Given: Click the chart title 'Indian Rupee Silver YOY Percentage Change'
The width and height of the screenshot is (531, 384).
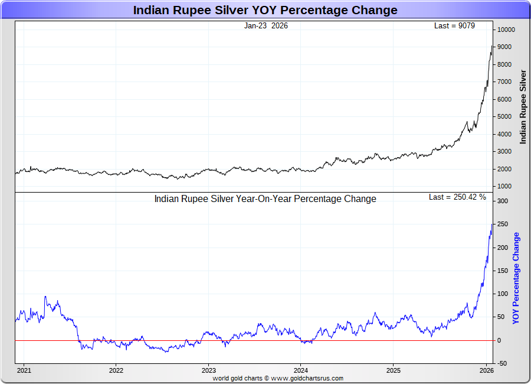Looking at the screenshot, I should (265, 10).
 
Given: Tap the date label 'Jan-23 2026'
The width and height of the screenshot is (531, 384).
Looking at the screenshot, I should (265, 25).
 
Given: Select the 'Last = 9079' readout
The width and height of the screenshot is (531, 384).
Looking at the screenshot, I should (454, 25).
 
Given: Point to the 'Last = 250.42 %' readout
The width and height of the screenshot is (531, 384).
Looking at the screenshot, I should (457, 197).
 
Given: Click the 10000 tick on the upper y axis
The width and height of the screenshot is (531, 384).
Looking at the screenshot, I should (506, 30).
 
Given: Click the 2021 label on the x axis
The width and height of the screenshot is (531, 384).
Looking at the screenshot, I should (24, 370).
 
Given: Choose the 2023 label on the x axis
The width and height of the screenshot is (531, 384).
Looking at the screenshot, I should (208, 370).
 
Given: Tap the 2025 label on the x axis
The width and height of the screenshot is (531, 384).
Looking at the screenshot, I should (394, 370).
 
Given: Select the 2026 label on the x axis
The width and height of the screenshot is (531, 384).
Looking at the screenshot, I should (486, 370).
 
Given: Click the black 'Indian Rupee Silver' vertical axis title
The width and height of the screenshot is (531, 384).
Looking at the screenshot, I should (523, 106).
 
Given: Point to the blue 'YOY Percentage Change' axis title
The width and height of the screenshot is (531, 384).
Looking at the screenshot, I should (516, 278).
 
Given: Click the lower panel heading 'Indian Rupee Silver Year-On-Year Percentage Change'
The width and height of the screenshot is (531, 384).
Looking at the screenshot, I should (265, 199).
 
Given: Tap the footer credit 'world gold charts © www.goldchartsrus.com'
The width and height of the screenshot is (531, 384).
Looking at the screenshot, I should (278, 378).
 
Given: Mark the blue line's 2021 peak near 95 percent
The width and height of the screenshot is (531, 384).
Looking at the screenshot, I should (45, 297).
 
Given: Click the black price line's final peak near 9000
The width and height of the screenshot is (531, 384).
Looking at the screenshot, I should (491, 46).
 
